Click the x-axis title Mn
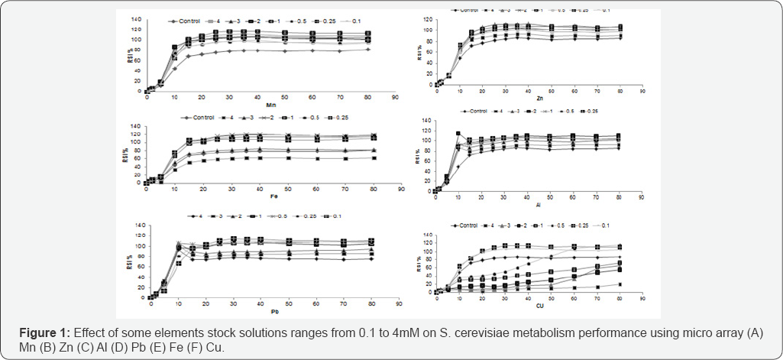point(269,105)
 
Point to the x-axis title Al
point(539,206)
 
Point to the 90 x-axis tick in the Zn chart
point(642,91)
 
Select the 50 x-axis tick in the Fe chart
point(287,190)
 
